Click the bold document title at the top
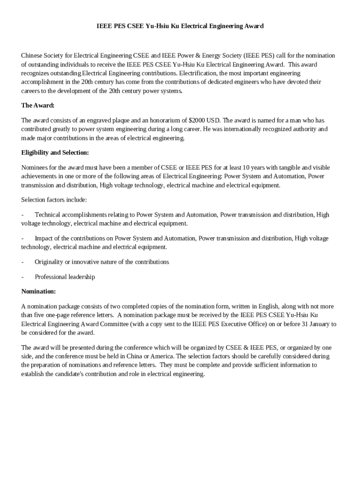click(x=180, y=26)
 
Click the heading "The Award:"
click(x=38, y=105)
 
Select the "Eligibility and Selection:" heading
click(x=55, y=152)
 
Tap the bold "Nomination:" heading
click(x=39, y=291)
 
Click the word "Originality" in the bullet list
click(x=50, y=262)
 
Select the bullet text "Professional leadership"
click(x=65, y=277)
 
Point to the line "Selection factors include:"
click(x=54, y=200)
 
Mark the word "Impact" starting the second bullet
click(x=44, y=238)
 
